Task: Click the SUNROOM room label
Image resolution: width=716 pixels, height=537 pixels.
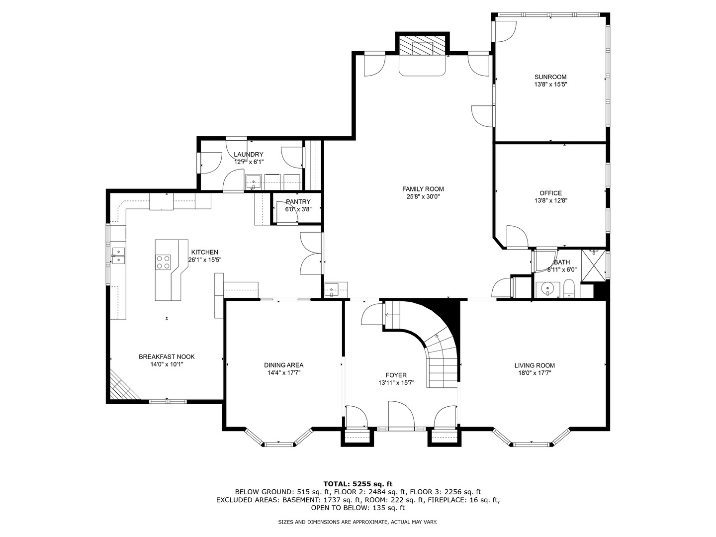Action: coord(550,77)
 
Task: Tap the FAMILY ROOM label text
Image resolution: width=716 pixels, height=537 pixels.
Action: coord(423,189)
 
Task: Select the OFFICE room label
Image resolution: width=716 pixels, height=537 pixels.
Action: coord(550,193)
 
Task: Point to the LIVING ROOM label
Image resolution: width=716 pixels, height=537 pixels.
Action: coord(535,365)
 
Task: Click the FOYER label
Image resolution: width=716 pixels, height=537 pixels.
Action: coord(396,375)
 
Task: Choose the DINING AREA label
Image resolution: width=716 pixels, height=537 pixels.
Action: coord(283,365)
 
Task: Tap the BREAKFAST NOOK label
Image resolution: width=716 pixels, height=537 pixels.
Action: coord(167,357)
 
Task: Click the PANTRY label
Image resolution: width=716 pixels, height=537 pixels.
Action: coord(298,202)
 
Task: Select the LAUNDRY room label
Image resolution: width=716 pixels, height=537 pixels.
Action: coord(249,155)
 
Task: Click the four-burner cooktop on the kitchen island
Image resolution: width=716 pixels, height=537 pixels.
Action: coord(163,262)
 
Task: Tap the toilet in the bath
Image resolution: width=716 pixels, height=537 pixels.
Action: coord(568,288)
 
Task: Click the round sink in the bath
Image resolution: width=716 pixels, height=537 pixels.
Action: coord(547,289)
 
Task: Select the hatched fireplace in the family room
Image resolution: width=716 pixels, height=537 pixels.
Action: coord(423,45)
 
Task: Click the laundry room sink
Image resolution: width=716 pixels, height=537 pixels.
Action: coord(253,182)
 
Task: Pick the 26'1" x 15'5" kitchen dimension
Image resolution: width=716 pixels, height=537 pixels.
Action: coord(205,260)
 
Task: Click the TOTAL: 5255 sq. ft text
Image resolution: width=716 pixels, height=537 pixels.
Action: coord(358,484)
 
